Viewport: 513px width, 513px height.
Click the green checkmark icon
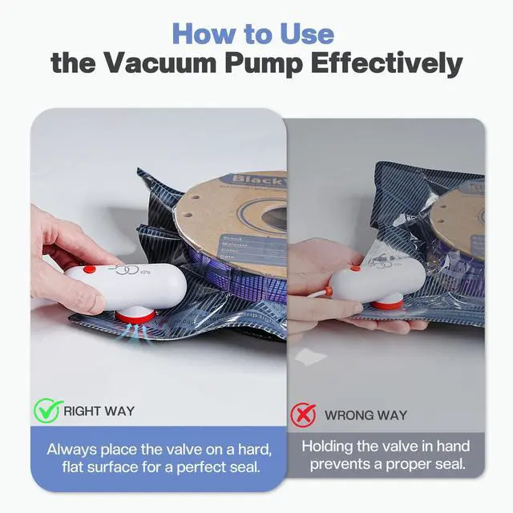(47, 411)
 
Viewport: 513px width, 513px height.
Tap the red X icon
(302, 414)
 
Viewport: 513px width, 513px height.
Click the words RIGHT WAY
(99, 411)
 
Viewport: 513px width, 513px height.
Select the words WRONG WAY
(366, 415)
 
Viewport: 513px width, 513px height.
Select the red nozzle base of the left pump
(134, 315)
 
